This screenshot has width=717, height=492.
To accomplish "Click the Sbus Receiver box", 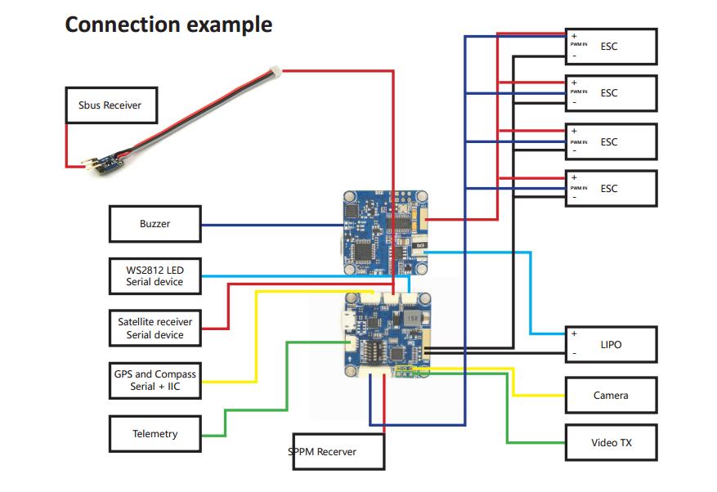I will [x=110, y=105].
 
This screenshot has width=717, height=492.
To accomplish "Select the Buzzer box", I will [x=155, y=224].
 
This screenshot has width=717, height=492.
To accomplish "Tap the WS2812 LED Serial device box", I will [x=155, y=276].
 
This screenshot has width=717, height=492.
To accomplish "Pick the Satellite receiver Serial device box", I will [x=155, y=329].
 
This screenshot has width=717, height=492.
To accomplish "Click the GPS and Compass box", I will [x=155, y=380].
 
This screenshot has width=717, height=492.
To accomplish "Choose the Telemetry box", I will [x=155, y=434].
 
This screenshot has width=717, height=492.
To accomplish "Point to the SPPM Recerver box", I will [x=338, y=451].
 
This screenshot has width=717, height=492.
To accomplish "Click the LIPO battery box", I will [x=611, y=344].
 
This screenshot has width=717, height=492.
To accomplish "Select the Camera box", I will [x=611, y=395].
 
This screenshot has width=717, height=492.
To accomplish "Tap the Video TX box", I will [x=611, y=442].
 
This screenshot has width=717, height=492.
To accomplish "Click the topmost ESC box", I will [x=611, y=46].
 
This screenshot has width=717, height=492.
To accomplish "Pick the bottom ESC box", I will [x=611, y=188].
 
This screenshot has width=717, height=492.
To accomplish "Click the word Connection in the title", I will [x=123, y=25].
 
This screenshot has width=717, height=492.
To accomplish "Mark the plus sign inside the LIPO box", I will [x=574, y=333].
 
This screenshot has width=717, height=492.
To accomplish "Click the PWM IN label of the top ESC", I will [x=579, y=46].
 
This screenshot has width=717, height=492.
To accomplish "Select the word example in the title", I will [x=230, y=25].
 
